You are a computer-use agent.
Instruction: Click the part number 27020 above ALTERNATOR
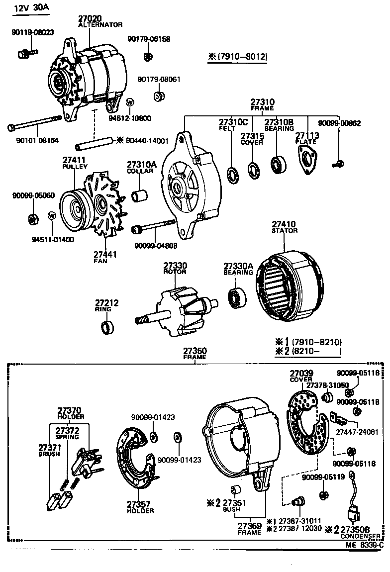coord(90,18)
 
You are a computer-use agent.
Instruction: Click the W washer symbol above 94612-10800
coord(130,103)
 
